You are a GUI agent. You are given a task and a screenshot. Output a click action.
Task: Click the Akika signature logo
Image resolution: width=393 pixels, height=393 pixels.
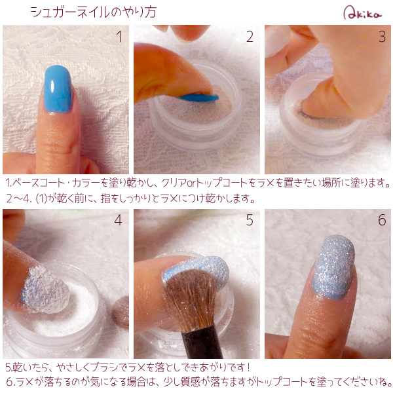(362, 13)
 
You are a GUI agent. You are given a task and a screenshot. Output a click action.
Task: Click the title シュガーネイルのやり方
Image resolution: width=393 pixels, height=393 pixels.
(93, 12)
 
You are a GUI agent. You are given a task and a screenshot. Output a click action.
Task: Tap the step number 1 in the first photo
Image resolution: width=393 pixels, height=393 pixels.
(119, 37)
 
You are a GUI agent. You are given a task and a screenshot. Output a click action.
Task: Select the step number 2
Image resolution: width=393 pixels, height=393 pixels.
(250, 37)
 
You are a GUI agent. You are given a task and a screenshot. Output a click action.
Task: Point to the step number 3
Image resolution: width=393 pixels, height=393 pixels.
(382, 37)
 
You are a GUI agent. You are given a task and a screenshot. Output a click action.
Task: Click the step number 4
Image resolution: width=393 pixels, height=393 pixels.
(118, 220)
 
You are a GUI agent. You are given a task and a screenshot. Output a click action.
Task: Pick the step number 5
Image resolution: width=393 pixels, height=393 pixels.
(250, 220)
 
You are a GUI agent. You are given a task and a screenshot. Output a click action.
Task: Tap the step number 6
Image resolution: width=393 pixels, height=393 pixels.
(382, 220)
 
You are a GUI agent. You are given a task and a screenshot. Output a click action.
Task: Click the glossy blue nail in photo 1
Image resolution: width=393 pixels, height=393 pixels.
(58, 88)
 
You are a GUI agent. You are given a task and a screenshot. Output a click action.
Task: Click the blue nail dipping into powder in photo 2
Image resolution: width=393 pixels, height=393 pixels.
(199, 98)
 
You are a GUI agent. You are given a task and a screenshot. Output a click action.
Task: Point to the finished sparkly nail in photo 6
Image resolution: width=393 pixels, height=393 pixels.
(333, 267)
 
